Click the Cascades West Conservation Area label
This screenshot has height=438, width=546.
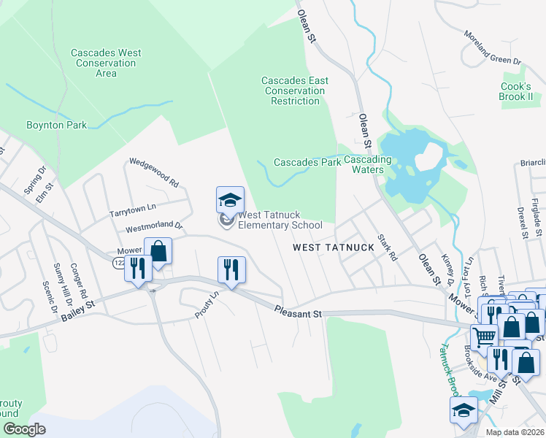tap(106, 63)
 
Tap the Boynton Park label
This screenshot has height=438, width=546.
tap(56, 125)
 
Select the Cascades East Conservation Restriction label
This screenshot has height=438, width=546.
tap(295, 91)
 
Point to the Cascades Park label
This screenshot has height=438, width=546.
tap(307, 162)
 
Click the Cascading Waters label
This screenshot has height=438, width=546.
tap(368, 164)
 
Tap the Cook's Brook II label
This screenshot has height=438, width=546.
tap(517, 91)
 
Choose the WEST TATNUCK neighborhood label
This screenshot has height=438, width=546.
tap(334, 247)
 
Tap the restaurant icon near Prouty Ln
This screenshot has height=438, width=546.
tap(231, 269)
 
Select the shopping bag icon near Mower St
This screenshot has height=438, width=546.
tap(158, 251)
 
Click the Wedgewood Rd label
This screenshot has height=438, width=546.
tap(154, 172)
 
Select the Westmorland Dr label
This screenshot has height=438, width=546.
tap(154, 227)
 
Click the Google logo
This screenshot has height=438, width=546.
tap(24, 429)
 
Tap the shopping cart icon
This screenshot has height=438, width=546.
tap(483, 337)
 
